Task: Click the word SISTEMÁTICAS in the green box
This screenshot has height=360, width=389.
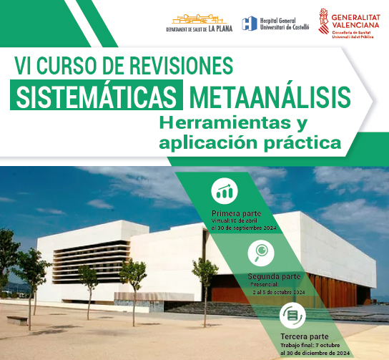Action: pos(96,96)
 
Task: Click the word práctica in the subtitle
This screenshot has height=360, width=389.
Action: pos(297,141)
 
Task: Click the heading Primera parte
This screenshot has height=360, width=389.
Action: pos(237,214)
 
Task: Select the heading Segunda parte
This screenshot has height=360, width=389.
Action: pos(274,276)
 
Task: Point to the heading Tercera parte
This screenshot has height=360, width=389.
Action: pos(305,337)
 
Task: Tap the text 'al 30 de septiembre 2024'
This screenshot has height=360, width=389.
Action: pos(243,228)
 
